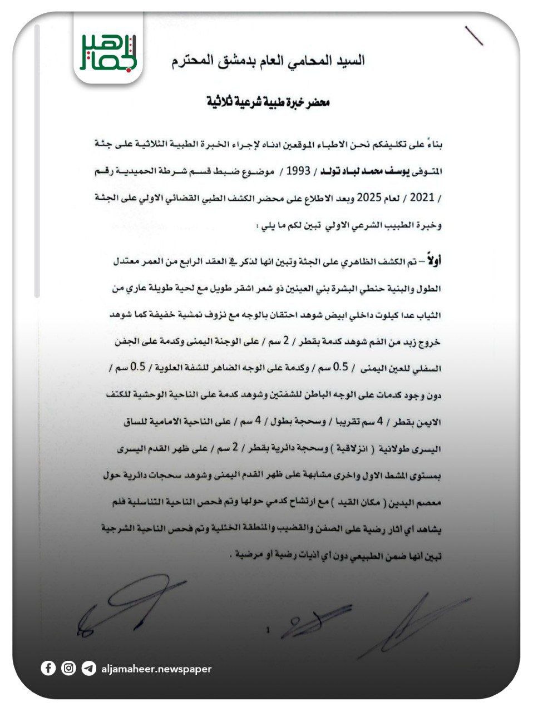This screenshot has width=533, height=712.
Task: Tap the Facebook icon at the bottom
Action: click(48, 668)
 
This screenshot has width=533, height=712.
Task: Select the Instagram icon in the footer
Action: click(68, 668)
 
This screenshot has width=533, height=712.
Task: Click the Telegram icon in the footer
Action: click(88, 668)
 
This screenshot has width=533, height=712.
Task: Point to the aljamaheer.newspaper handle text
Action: click(156, 669)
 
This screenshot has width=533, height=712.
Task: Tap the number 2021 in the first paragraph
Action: click(423, 197)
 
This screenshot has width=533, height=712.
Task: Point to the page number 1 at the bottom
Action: click(268, 630)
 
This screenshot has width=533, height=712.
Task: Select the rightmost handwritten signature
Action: click(412, 620)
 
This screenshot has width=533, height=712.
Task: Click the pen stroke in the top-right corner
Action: click(473, 36)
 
